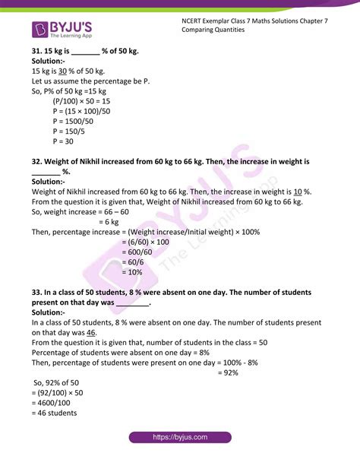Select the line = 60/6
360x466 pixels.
(134, 262)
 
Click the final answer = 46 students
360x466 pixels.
(58, 414)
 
